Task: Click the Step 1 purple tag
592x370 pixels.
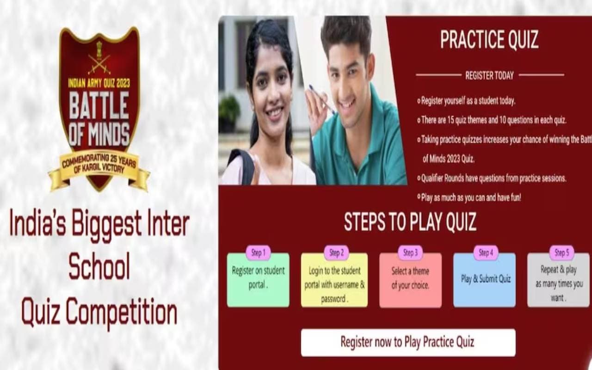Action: [258, 253]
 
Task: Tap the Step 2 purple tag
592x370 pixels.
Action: [336, 253]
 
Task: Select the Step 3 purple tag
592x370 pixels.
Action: [410, 253]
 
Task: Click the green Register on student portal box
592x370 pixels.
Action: [258, 281]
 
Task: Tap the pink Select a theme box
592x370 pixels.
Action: [410, 281]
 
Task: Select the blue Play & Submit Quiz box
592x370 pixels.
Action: [484, 281]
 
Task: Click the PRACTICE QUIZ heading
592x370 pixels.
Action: [489, 40]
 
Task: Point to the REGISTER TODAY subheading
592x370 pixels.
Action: [489, 75]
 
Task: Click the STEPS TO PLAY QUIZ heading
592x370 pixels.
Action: [410, 222]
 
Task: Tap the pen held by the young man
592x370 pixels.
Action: [322, 99]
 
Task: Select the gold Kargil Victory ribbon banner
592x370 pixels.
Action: [99, 166]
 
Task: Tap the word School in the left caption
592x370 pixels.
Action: [99, 268]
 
